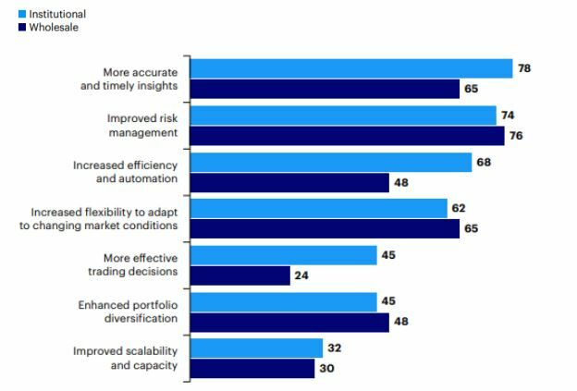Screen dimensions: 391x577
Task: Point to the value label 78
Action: click(524, 68)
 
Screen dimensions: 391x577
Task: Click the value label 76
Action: click(517, 136)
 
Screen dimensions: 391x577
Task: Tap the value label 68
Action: click(484, 163)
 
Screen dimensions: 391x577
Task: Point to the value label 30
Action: click(326, 369)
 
